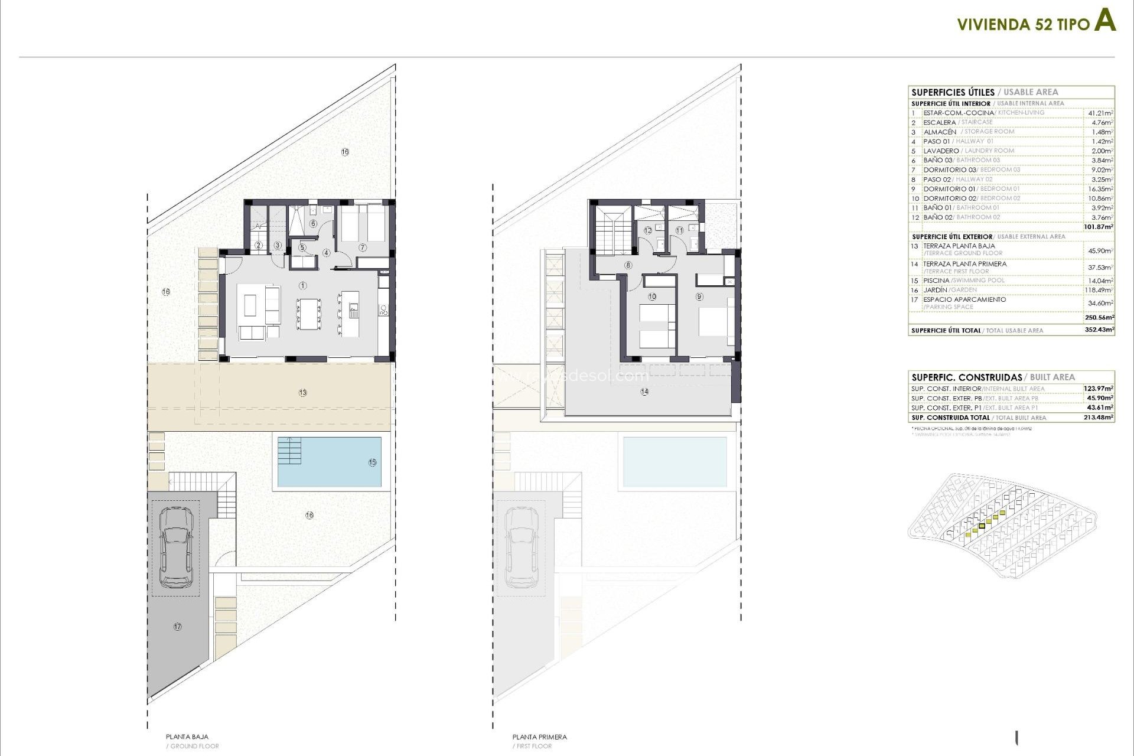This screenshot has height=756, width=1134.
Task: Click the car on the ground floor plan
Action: (176, 548)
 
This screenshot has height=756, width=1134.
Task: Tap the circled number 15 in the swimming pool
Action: (372, 462)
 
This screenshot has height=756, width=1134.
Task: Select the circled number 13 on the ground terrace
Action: (303, 392)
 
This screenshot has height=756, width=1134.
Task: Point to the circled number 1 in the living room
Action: (303, 286)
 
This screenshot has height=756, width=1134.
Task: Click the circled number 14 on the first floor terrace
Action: (644, 392)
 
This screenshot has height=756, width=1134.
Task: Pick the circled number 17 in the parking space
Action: (178, 627)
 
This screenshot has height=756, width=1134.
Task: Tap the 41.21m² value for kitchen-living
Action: (1100, 113)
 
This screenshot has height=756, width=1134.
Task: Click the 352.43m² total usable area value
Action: (1099, 330)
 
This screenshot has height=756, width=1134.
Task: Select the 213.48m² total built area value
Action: (1099, 418)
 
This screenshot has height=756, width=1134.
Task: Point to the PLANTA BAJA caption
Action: (187, 737)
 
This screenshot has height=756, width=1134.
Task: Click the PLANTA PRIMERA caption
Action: (540, 737)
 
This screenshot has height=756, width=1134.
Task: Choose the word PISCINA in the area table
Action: (936, 281)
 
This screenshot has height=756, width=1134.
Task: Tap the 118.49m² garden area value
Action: (1099, 290)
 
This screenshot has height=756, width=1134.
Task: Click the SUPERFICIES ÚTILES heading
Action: (953, 92)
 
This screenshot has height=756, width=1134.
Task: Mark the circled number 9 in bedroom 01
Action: (700, 296)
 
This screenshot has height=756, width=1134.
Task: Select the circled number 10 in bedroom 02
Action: (652, 296)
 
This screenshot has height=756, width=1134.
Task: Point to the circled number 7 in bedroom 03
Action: (363, 247)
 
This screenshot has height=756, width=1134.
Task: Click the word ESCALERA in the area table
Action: (939, 122)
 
